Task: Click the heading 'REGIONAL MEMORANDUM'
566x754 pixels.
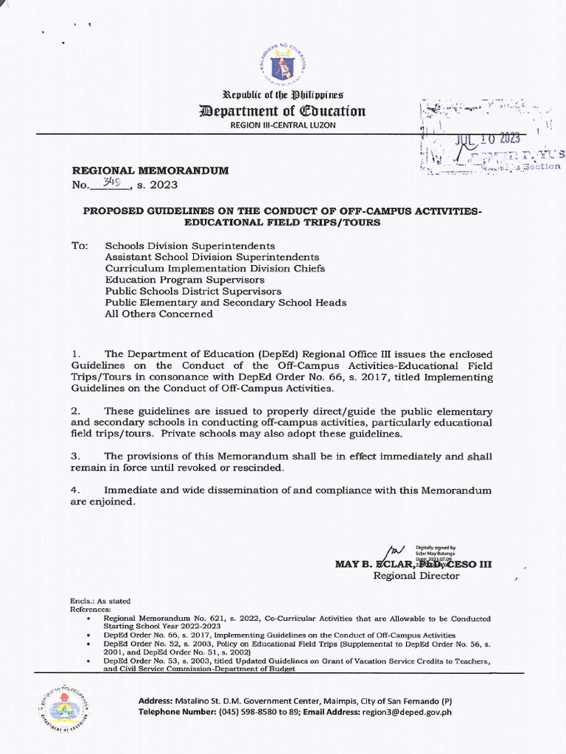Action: [150, 170]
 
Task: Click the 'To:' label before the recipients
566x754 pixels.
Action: [79, 245]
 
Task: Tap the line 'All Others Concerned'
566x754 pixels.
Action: [158, 314]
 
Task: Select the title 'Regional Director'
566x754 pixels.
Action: [416, 575]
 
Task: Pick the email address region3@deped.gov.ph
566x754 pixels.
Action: [416, 713]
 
